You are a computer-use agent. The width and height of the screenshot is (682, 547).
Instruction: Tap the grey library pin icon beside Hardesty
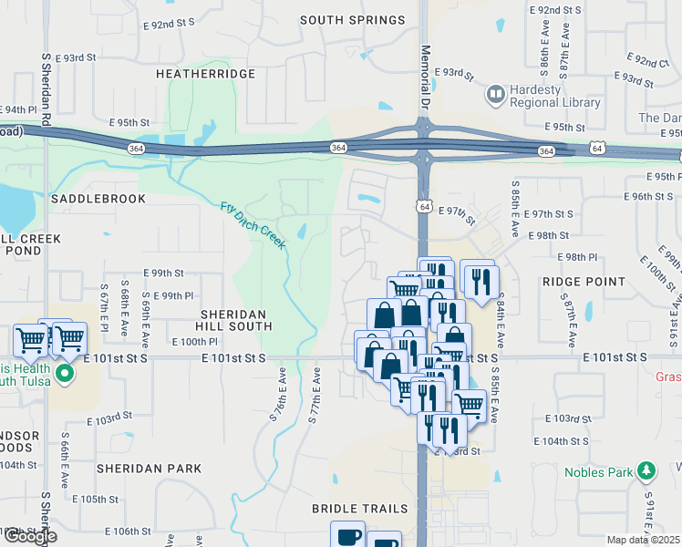(496, 94)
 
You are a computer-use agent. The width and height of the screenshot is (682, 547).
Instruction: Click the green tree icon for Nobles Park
(647, 470)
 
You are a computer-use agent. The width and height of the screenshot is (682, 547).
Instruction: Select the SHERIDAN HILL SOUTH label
(236, 319)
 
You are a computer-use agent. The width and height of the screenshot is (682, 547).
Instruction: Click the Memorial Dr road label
(425, 77)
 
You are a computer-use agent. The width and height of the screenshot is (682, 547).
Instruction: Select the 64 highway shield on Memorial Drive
(425, 207)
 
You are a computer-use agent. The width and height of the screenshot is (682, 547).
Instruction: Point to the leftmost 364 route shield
(136, 148)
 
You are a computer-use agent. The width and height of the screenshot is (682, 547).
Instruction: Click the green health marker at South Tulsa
(64, 374)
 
